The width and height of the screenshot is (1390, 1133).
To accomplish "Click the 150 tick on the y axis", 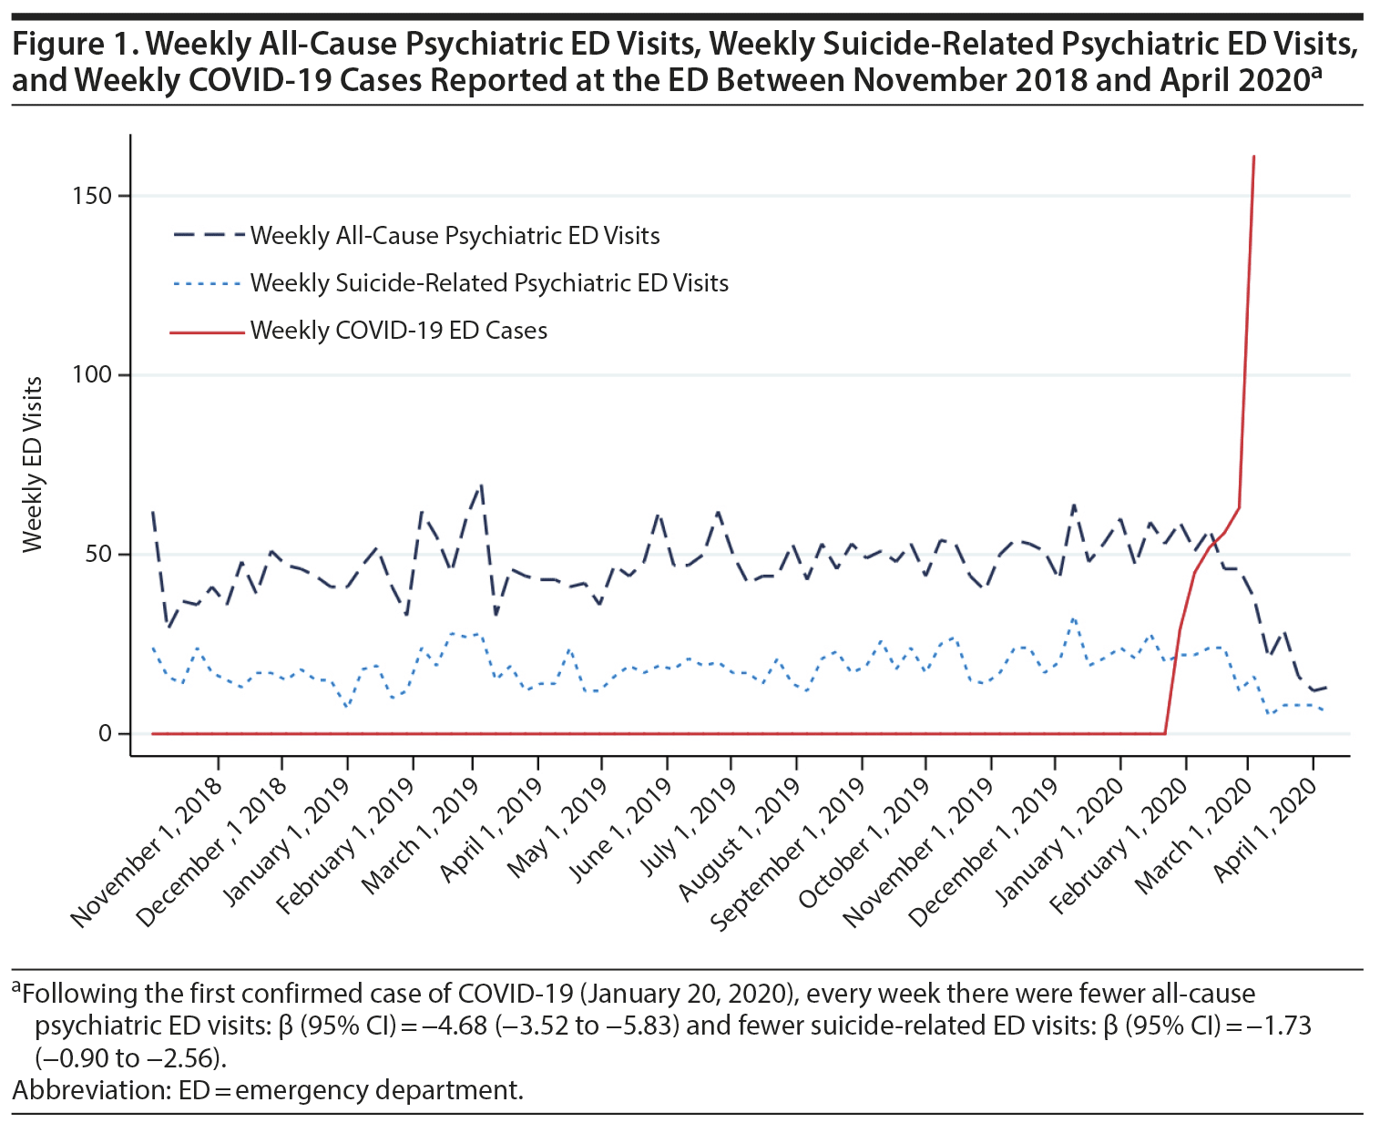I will [x=93, y=196].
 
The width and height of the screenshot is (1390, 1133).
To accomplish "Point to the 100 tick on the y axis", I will [x=93, y=375].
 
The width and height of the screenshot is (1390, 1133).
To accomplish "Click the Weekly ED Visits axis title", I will [x=33, y=464].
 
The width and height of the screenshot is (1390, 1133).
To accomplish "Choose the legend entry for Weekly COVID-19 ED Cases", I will [x=399, y=331].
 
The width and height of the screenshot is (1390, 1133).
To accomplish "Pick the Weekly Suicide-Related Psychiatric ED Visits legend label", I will [x=489, y=283].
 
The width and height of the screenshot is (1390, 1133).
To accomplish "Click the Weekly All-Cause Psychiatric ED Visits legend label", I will [x=455, y=236].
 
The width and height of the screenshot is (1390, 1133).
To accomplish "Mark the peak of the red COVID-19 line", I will [x=1254, y=157].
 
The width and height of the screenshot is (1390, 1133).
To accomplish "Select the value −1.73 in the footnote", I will [x=1273, y=1026].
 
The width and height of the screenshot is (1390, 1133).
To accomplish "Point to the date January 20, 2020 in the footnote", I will [x=687, y=994].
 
